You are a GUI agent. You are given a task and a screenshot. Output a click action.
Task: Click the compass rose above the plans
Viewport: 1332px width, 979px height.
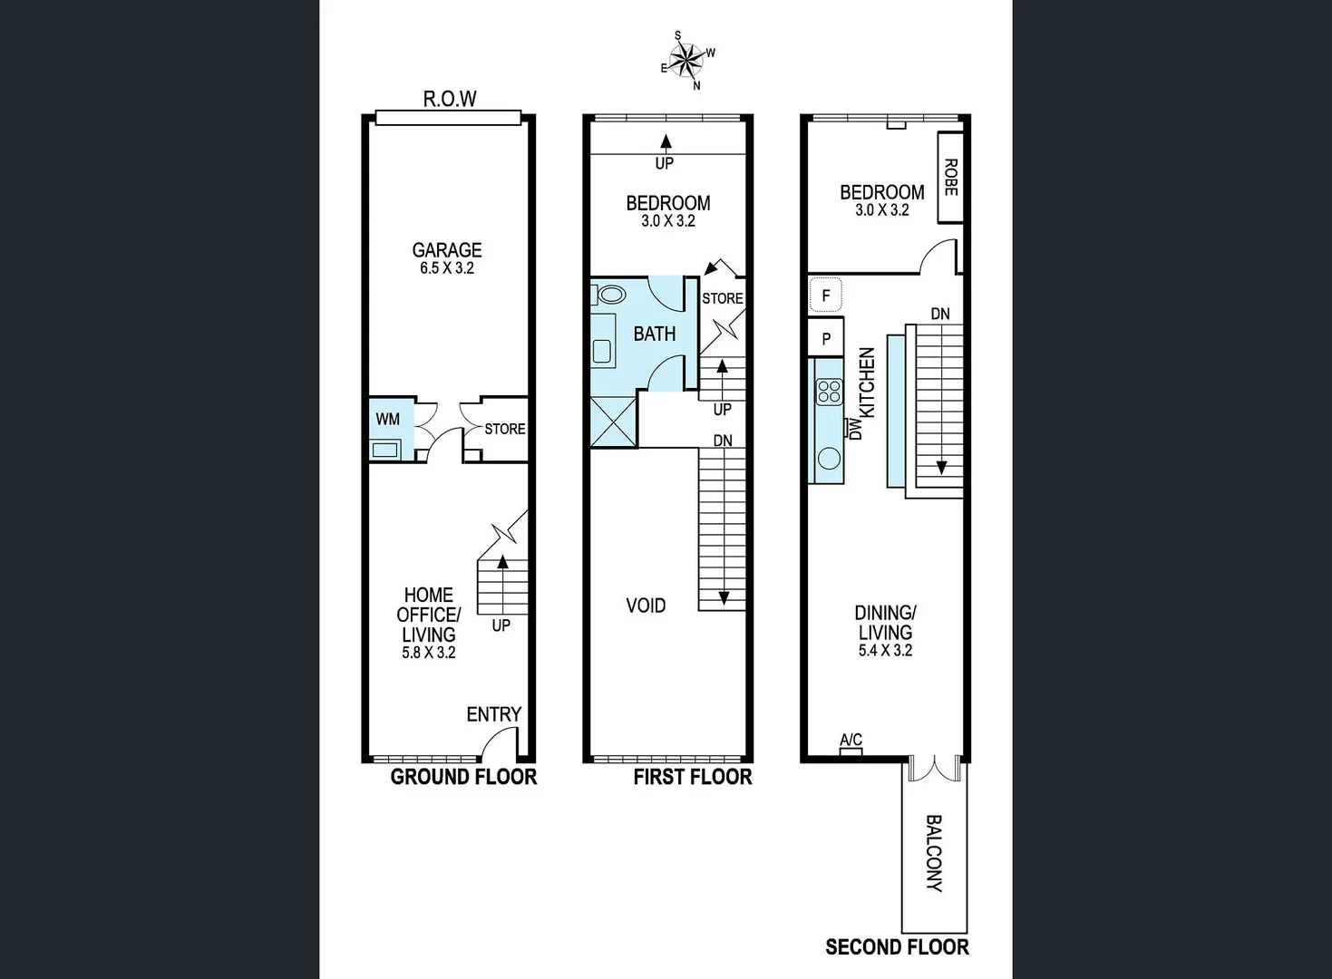pyautogui.click(x=688, y=61)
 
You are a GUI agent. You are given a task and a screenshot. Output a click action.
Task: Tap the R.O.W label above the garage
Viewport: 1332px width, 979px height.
pyautogui.click(x=450, y=100)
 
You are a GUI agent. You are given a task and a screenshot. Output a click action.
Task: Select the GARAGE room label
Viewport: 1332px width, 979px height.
pyautogui.click(x=447, y=250)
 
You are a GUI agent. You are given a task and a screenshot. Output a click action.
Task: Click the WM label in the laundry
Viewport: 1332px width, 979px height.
pyautogui.click(x=387, y=419)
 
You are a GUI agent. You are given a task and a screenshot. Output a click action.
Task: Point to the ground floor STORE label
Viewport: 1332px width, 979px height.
pyautogui.click(x=504, y=429)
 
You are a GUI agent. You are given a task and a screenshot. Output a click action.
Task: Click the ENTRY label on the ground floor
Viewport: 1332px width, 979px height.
pyautogui.click(x=493, y=714)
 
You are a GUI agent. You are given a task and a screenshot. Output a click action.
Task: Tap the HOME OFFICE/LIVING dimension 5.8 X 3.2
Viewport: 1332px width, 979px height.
pyautogui.click(x=429, y=653)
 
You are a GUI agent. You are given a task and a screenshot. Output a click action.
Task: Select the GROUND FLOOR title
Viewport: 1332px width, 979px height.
pyautogui.click(x=463, y=777)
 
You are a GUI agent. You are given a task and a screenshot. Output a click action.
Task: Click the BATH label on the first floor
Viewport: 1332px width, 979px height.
pyautogui.click(x=654, y=334)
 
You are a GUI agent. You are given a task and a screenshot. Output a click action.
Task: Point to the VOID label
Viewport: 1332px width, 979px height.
pyautogui.click(x=646, y=606)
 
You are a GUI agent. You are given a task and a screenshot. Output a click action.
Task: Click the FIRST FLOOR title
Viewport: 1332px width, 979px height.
pyautogui.click(x=693, y=777)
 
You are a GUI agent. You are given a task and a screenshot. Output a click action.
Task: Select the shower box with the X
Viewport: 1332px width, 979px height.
pyautogui.click(x=613, y=422)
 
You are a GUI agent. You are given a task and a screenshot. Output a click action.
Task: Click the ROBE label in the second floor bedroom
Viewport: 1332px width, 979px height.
pyautogui.click(x=950, y=178)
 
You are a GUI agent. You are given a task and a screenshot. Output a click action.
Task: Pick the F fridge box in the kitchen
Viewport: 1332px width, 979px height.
pyautogui.click(x=825, y=296)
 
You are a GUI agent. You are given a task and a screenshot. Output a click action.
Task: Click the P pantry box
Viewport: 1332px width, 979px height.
pyautogui.click(x=825, y=339)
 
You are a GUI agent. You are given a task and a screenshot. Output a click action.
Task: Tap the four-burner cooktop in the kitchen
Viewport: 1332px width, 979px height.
pyautogui.click(x=829, y=392)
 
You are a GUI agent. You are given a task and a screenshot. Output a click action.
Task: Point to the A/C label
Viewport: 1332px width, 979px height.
pyautogui.click(x=851, y=741)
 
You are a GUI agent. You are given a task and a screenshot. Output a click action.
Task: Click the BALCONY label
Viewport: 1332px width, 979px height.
pyautogui.click(x=934, y=853)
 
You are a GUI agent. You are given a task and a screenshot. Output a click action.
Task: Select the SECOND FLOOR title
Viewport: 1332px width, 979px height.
pyautogui.click(x=897, y=947)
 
